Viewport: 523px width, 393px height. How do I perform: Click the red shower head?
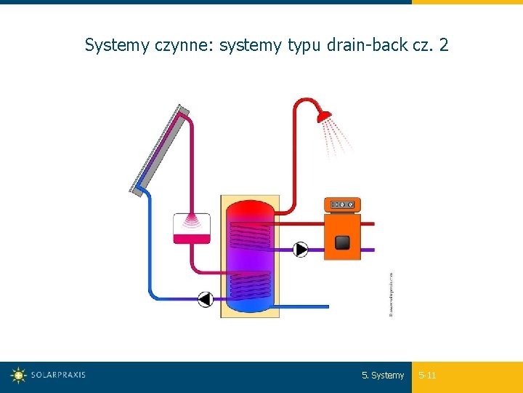tap(324, 115)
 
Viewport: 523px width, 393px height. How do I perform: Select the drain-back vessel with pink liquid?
tap(192, 229)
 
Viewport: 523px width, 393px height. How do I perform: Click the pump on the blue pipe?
tap(206, 298)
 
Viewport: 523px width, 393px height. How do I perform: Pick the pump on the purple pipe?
tap(301, 250)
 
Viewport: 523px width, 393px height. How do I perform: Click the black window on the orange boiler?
tap(342, 242)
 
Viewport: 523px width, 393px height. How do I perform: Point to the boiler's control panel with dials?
tap(341, 205)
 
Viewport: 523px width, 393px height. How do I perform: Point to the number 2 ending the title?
tap(444, 45)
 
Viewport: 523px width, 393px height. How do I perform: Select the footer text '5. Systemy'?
tap(383, 376)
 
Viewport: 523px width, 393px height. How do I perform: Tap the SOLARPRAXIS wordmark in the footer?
tap(58, 376)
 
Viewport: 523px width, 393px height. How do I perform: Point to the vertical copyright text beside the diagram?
tap(392, 294)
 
